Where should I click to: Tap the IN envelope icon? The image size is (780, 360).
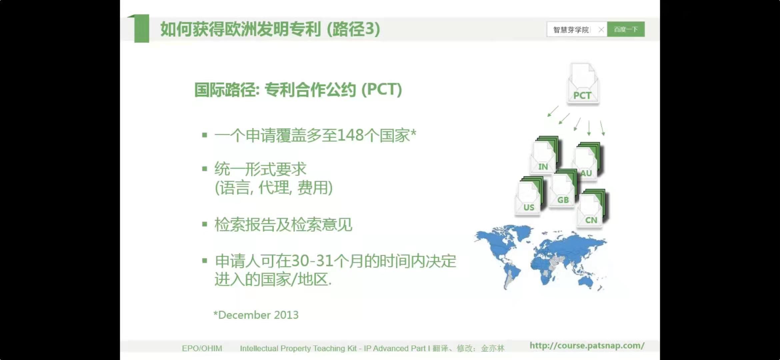tap(544, 155)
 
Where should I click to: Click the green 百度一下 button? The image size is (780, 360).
tap(626, 29)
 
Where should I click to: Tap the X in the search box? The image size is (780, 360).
tap(601, 30)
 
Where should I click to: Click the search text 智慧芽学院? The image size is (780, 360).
tap(571, 30)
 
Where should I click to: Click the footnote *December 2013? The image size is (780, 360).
tap(256, 315)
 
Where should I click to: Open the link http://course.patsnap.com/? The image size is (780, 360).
tap(587, 346)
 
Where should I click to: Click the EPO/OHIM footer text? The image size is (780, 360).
tap(202, 348)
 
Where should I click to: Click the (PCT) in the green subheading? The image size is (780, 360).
tap(382, 89)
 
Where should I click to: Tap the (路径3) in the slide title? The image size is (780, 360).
tap(353, 29)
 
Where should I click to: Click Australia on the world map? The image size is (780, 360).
tap(586, 282)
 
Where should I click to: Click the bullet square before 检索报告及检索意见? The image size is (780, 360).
tap(205, 224)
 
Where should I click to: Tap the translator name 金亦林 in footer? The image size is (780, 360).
tap(493, 348)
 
